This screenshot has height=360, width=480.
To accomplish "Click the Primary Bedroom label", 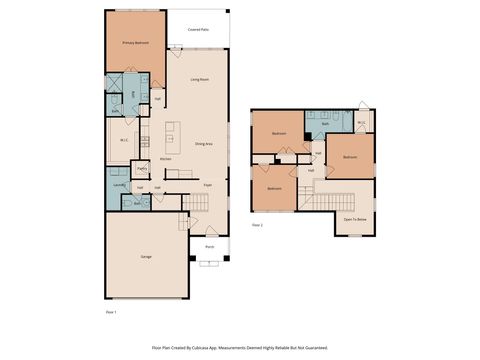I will click(x=135, y=44).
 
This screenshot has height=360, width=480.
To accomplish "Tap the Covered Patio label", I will click(x=198, y=30).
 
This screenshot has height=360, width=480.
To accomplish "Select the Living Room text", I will click(x=200, y=79).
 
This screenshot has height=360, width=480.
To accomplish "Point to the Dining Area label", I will click(x=203, y=144).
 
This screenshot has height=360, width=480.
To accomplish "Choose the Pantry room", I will click(x=142, y=169).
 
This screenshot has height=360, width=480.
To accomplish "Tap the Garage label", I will click(x=146, y=257).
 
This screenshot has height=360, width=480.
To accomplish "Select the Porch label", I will click(x=209, y=246).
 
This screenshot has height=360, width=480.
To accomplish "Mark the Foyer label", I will click(x=208, y=185).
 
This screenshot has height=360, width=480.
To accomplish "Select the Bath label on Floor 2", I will click(x=324, y=124).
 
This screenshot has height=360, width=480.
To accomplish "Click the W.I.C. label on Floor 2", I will click(x=361, y=124).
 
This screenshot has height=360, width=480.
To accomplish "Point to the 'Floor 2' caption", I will click(x=257, y=226).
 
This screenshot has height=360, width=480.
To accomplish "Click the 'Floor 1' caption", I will click(x=111, y=313).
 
